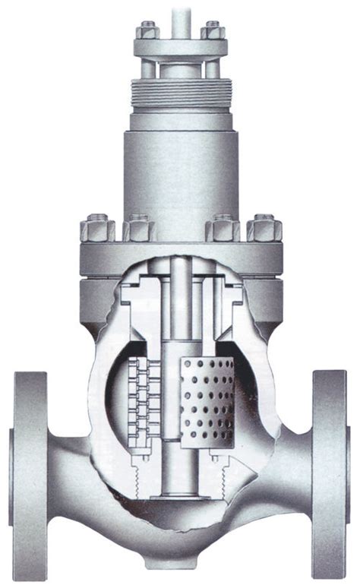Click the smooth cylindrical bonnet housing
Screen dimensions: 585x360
point(179,167)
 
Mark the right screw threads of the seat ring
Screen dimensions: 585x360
point(221,479)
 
